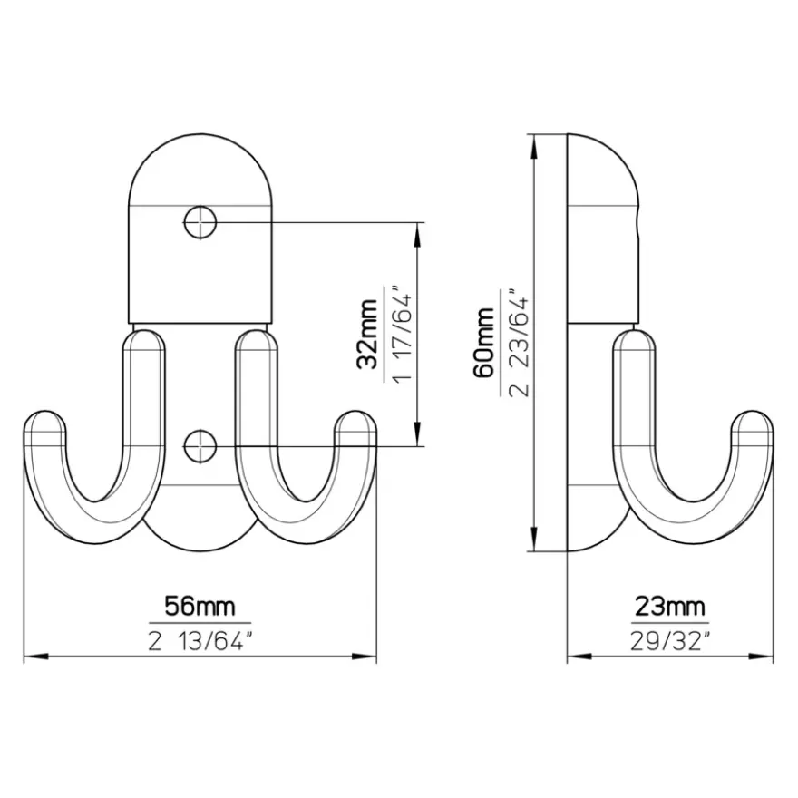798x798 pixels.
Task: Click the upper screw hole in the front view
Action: pos(200,222)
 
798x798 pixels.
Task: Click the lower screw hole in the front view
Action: pos(200,446)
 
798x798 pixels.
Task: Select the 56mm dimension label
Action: pos(199,607)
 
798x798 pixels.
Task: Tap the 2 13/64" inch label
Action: pos(200,641)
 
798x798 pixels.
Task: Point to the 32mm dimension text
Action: pos(368,335)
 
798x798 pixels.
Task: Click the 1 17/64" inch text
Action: pos(402,335)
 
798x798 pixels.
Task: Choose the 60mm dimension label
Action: pos(484,343)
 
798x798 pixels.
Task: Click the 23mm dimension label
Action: pos(670,607)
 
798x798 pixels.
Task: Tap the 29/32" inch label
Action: pos(670,641)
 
